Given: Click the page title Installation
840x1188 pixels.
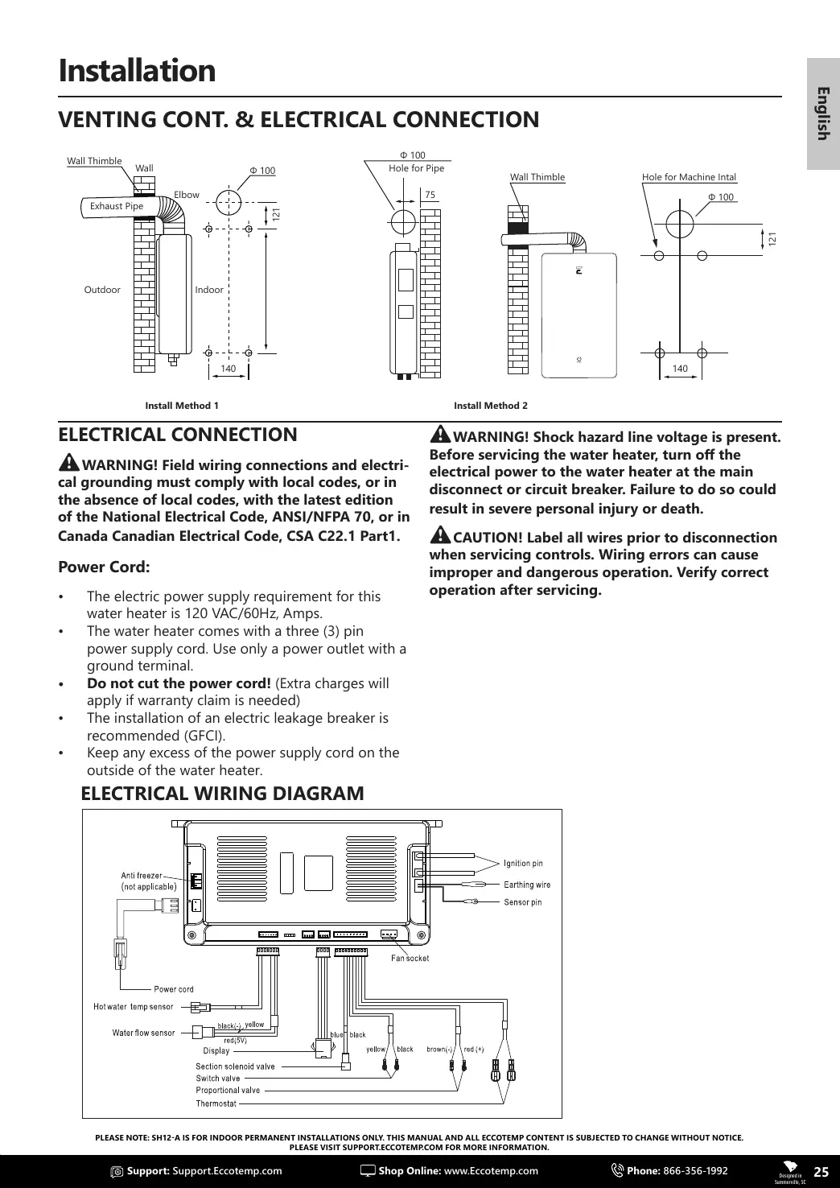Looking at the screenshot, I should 137,71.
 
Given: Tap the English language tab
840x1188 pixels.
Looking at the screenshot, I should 822,113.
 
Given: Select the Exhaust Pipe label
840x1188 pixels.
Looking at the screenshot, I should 117,206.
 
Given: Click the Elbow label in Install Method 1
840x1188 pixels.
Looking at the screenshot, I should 187,195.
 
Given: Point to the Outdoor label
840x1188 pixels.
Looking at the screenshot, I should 102,290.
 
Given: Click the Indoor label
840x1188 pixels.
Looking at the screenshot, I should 209,290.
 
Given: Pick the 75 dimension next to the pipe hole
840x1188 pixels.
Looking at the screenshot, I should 430,195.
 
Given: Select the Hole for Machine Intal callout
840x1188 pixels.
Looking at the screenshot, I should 689,177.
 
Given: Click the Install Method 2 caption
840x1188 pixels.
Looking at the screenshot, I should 491,406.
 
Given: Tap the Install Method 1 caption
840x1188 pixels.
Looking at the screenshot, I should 182,406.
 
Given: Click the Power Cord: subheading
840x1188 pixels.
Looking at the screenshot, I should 105,567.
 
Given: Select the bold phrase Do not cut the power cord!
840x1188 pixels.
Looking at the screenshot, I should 179,683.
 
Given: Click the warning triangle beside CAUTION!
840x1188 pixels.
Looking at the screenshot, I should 440,535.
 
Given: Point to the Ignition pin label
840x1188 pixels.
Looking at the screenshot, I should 523,864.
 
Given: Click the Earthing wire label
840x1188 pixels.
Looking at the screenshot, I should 527,885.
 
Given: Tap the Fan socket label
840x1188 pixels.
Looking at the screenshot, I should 410,959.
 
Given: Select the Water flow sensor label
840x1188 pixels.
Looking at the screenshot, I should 143,1033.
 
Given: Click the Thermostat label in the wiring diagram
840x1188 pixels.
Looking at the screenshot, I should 216,1103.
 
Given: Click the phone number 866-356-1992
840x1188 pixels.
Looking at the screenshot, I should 695,1171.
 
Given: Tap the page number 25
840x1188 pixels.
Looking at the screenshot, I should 821,1172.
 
